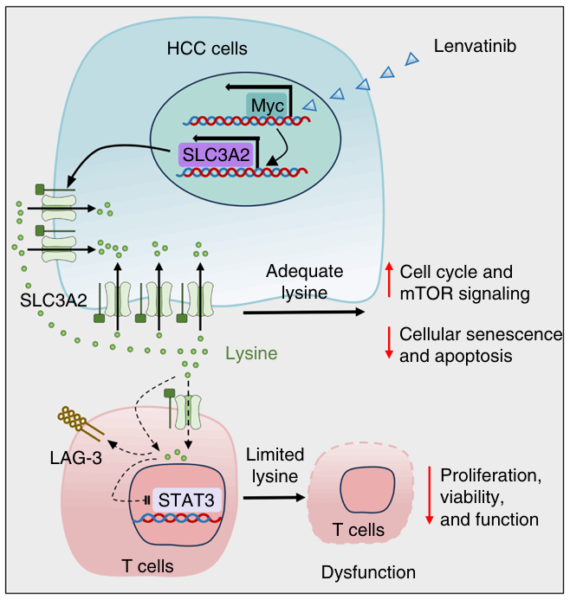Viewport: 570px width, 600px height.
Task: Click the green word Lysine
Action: pos(251,353)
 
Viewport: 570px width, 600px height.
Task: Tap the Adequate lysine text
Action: pos(304,281)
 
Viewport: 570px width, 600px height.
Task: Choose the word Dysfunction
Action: pos(368,572)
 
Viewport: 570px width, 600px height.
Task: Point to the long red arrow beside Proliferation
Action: pos(430,494)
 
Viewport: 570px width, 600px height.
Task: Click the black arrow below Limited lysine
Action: pos(274,497)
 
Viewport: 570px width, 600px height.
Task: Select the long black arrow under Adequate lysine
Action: pos(304,311)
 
